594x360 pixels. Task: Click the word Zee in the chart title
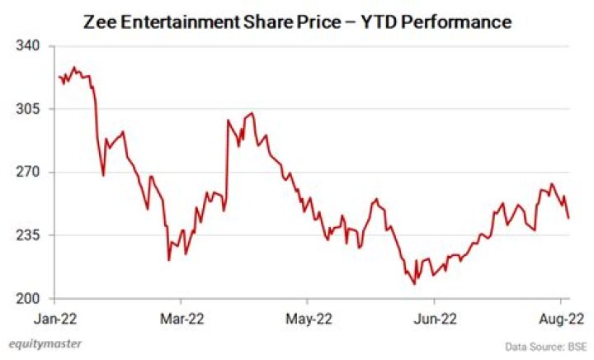101,21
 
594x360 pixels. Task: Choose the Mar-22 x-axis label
181,318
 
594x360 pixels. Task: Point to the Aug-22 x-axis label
561,318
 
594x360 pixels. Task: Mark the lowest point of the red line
414,284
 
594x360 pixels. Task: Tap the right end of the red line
568,218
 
